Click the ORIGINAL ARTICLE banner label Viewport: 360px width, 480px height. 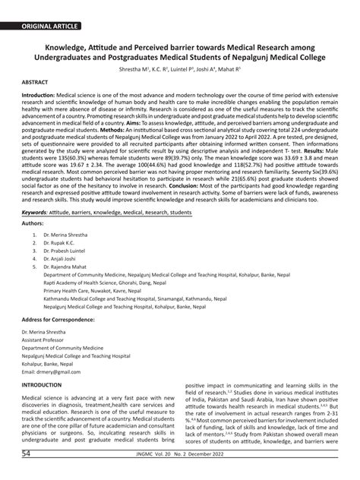pyautogui.click(x=50, y=26)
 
